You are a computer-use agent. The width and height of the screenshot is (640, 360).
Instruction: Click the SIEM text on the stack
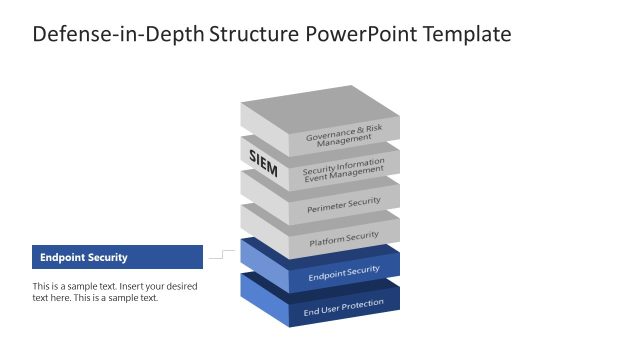pos(263,164)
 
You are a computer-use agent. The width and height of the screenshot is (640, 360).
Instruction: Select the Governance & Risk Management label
pos(343,135)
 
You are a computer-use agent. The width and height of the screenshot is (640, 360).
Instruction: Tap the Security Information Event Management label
pos(343,171)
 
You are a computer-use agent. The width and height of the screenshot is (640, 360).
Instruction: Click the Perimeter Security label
pos(343,204)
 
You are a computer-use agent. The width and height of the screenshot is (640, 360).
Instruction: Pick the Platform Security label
pos(343,239)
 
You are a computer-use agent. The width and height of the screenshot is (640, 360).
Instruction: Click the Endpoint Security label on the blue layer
pos(343,272)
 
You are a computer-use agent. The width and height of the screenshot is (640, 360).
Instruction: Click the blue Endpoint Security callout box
pos(117,257)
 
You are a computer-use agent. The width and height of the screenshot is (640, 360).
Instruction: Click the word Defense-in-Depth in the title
pos(117,34)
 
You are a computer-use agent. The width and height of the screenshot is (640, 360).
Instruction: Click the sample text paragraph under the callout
pos(115,292)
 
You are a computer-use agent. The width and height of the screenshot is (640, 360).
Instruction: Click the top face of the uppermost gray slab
pos(320,108)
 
